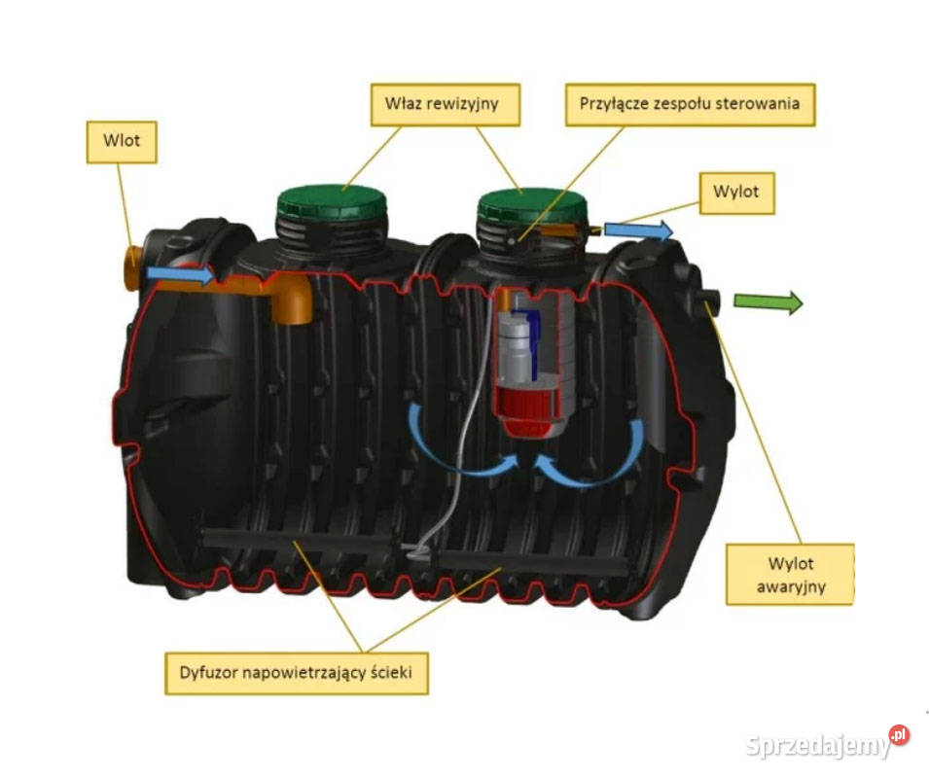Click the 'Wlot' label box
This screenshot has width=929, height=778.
tap(122, 141)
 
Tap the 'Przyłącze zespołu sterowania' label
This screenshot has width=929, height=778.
tap(690, 103)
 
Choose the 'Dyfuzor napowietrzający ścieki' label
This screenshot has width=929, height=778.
tap(296, 671)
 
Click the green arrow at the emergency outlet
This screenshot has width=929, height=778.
tap(768, 303)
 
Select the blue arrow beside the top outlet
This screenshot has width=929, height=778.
tap(638, 231)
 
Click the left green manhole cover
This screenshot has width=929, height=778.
tap(332, 203)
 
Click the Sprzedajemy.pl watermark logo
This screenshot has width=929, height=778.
tap(826, 743)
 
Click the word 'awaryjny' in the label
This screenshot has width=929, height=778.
tap(790, 587)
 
